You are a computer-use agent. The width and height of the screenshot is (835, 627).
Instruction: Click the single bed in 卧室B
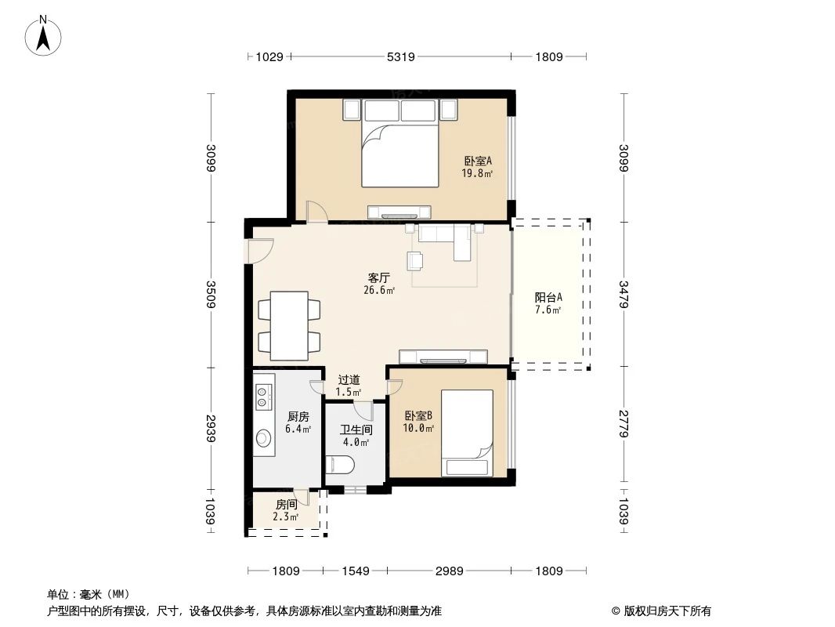click(x=467, y=433)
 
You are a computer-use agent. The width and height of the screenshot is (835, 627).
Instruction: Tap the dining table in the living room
click(x=289, y=325)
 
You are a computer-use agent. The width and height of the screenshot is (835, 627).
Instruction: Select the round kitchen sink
click(x=262, y=437)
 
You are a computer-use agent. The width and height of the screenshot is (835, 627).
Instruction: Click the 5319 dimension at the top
click(x=400, y=56)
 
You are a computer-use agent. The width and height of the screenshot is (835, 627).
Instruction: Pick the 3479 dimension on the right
click(x=624, y=294)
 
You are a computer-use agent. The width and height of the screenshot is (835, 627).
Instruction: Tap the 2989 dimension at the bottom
click(x=449, y=571)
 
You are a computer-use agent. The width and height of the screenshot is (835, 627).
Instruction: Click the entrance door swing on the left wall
click(x=258, y=250)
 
